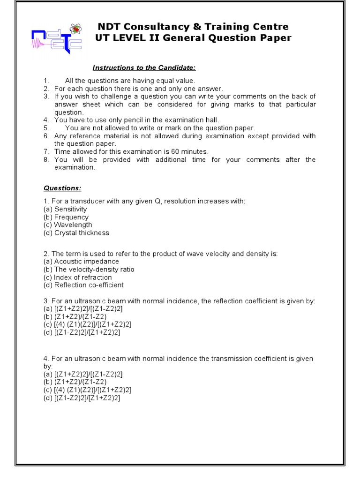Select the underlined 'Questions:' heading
[x=62, y=188]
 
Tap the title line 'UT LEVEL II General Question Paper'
[x=193, y=38]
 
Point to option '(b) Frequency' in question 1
[x=66, y=217]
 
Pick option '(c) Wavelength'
[x=67, y=225]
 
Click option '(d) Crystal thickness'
[x=76, y=233]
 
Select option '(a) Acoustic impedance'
[x=81, y=262]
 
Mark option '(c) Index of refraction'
[x=77, y=277]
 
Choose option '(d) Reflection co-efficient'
[x=83, y=285]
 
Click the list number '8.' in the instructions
[x=46, y=159]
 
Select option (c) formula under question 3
[x=87, y=324]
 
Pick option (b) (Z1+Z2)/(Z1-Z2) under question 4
[x=75, y=382]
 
